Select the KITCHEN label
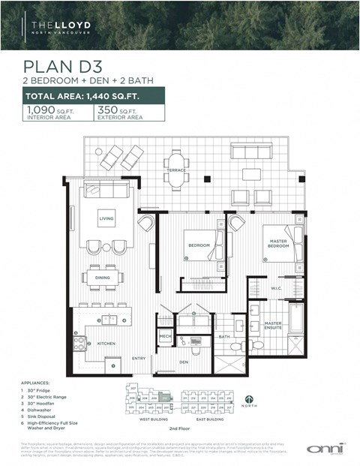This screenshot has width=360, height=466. (106, 343)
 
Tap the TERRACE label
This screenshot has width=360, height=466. (175, 170)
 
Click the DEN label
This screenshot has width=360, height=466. (183, 362)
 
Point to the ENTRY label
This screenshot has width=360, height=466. (139, 359)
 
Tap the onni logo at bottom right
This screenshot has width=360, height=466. (325, 448)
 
